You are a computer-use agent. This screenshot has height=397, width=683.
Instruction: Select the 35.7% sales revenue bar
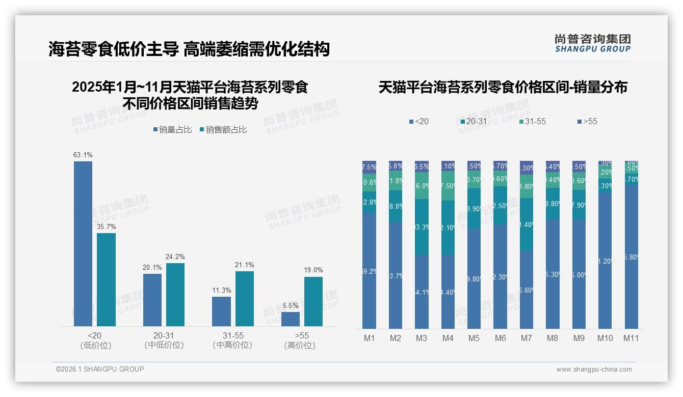pos(106,279)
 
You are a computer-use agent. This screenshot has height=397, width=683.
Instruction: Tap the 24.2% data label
pos(175,257)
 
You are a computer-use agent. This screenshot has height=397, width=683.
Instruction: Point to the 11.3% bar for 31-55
pos(221,311)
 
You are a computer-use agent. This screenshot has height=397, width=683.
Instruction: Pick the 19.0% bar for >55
pos(313,301)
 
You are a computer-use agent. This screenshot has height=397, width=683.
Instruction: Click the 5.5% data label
pos(290,305)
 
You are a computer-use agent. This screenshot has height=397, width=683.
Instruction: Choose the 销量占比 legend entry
pos(172,130)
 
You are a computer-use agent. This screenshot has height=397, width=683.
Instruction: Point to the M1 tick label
pos(370,338)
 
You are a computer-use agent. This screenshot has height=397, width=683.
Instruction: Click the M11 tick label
pos(631,338)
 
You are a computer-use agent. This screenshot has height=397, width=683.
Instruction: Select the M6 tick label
pos(500,338)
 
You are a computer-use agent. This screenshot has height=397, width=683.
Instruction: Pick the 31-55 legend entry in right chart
pos(532,122)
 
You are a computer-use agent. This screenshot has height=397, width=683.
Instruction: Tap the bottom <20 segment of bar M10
pos(605,261)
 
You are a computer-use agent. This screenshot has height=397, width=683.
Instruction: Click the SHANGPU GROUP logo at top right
pos(592,43)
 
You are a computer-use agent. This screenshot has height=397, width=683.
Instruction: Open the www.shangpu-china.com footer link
pos(594,370)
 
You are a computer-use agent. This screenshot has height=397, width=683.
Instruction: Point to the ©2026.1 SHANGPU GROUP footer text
pos(100,369)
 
